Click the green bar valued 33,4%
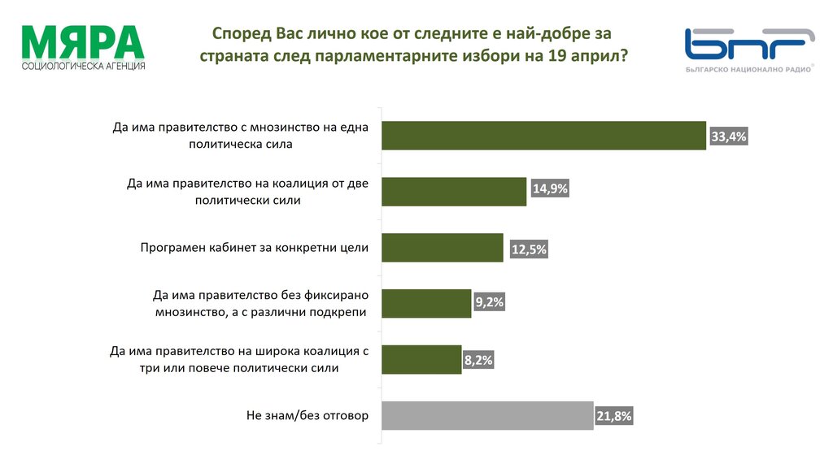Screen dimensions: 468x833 (543, 136)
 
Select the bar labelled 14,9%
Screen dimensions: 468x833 (454, 192)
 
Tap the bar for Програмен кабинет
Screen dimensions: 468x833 (443, 248)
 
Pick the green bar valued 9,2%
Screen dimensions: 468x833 (426, 303)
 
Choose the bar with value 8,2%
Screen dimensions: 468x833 (421, 359)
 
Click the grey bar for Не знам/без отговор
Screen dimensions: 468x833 (487, 415)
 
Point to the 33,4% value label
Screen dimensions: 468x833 (728, 137)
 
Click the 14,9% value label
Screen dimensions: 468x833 (549, 189)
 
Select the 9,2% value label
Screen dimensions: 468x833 (489, 303)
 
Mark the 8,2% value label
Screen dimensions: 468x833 (478, 360)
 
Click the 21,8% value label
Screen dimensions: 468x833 (613, 417)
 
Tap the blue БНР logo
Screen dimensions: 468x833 (749, 45)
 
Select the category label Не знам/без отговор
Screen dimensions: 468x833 (307, 415)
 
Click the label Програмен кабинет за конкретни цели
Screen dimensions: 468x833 (255, 248)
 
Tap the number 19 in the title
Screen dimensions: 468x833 (557, 56)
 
